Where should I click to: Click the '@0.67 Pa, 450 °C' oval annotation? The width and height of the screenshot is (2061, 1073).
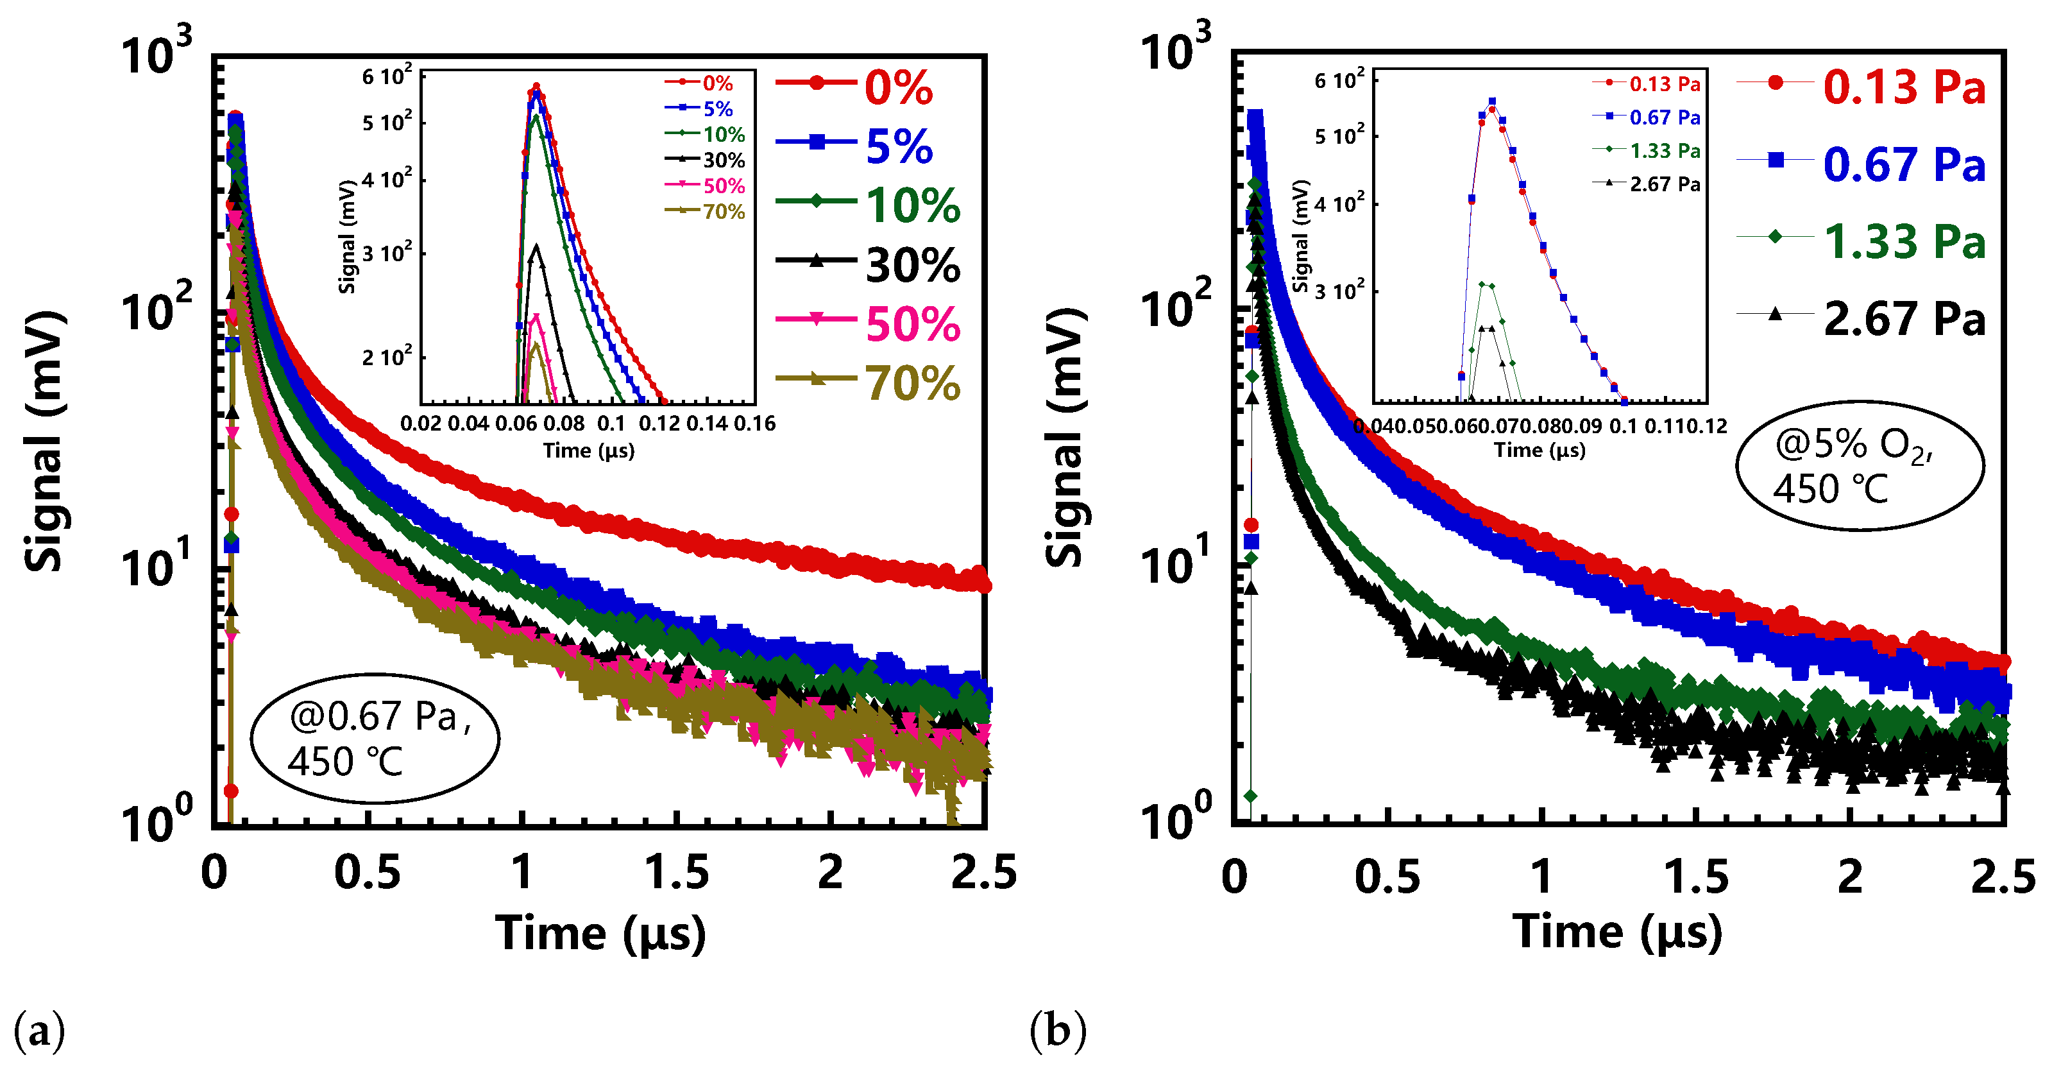[x=375, y=738]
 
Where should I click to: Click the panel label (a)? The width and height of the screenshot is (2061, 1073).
[x=39, y=1031]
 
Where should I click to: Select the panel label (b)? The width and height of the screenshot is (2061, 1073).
[x=1058, y=1031]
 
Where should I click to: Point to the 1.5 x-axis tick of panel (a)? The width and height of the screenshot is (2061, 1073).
[x=677, y=872]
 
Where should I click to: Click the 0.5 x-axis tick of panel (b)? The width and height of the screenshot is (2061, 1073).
[x=1387, y=875]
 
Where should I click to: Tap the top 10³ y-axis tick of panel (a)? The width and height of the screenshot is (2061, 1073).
[x=156, y=53]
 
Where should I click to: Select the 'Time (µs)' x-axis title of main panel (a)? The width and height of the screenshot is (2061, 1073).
[x=600, y=933]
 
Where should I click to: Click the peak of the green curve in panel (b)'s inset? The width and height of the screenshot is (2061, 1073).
[x=1482, y=284]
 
